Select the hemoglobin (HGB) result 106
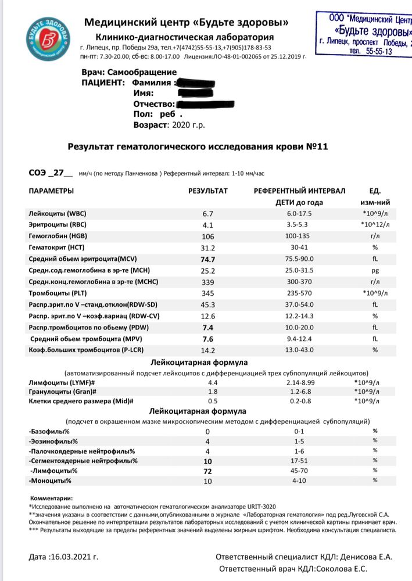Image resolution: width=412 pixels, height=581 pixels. [x=208, y=236]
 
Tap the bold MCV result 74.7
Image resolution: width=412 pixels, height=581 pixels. [x=208, y=259]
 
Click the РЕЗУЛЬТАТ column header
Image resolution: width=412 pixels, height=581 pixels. [x=208, y=191]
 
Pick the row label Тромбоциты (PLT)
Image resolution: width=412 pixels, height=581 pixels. [x=58, y=293]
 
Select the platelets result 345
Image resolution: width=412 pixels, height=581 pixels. [x=208, y=293]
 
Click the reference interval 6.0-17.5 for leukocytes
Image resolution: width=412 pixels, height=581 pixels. [x=299, y=214]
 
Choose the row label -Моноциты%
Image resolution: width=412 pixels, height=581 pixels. [x=50, y=480]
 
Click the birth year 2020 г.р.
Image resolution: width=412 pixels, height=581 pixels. [x=186, y=124]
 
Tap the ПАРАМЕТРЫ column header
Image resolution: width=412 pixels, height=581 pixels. [x=52, y=191]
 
